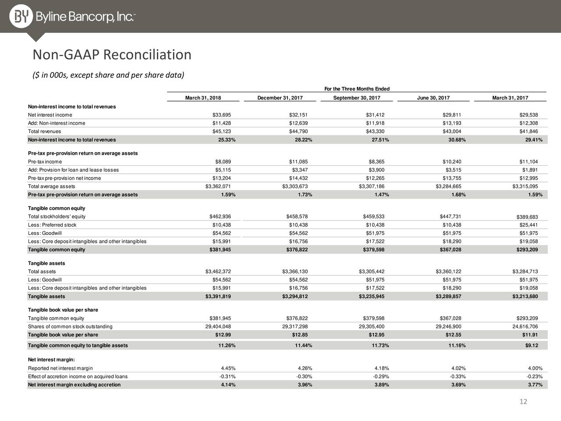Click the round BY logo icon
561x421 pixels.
tap(21, 16)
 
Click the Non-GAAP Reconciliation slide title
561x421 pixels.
tap(112, 55)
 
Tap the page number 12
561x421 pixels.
tap(523, 401)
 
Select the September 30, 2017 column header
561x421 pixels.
tap(356, 98)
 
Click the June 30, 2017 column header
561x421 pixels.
tap(433, 98)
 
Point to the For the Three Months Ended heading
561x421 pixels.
tap(357, 89)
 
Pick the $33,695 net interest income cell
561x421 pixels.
tap(222, 115)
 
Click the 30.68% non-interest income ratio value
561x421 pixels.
tap(457, 140)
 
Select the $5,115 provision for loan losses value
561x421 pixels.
tap(223, 170)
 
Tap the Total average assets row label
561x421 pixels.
tap(51, 186)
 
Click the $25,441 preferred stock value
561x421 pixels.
tap(529, 225)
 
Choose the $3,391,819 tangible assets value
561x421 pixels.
tap(218, 296)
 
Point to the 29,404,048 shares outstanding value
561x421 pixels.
tap(218, 326)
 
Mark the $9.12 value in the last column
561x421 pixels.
tap(532, 346)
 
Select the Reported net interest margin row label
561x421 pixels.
tap(60, 368)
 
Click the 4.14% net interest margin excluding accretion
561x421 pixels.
tap(228, 385)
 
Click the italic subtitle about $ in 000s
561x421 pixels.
tap(108, 75)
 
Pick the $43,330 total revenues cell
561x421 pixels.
tap(375, 132)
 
